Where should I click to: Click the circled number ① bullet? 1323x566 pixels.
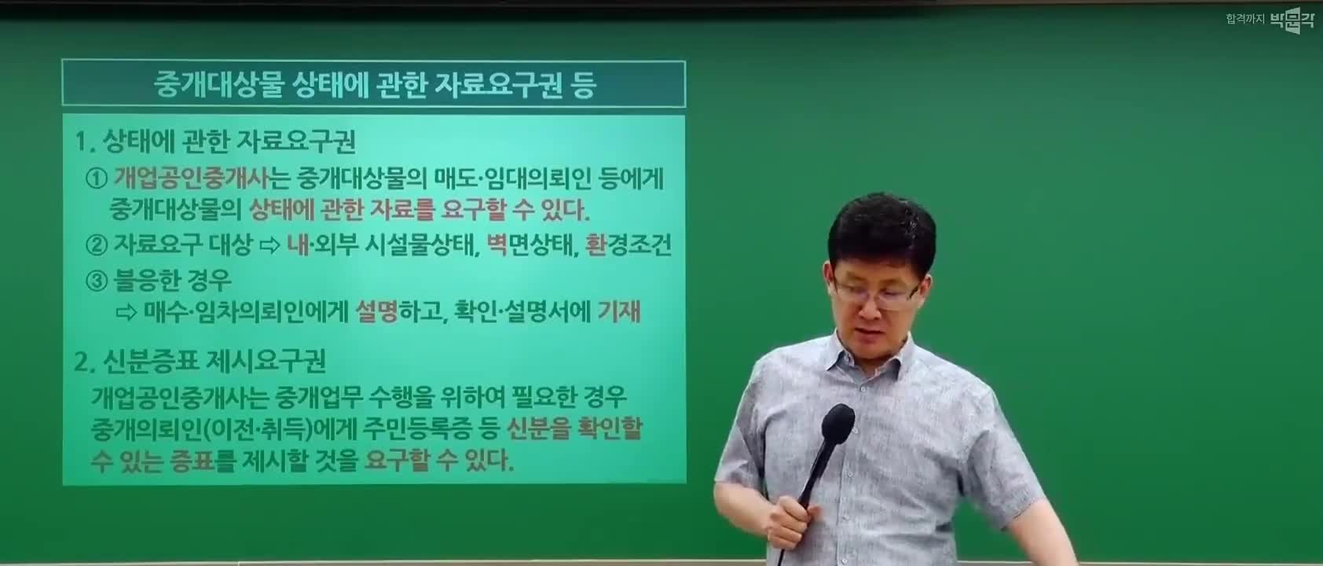click(97, 178)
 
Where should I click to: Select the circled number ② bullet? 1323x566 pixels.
click(97, 244)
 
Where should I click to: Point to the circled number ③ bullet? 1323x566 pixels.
click(97, 281)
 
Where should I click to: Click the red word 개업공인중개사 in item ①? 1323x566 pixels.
click(190, 178)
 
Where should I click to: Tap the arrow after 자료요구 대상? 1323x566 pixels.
click(270, 245)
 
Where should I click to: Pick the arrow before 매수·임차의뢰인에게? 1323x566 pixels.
click(126, 312)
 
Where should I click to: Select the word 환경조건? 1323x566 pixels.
click(629, 244)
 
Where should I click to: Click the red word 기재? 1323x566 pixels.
click(619, 311)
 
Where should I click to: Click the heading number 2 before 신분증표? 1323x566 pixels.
click(82, 362)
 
